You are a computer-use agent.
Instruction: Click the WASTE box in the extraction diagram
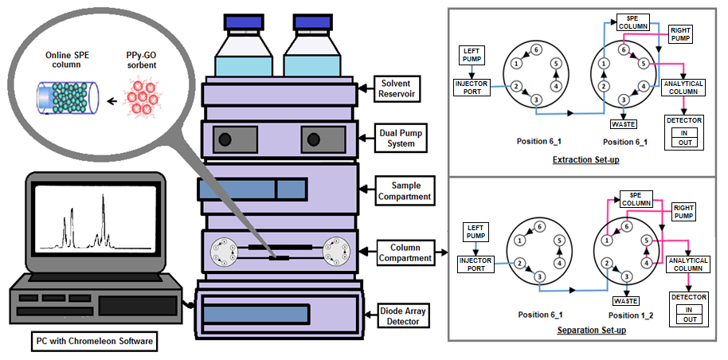[624, 124]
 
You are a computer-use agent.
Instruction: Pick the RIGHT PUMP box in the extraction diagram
[679, 34]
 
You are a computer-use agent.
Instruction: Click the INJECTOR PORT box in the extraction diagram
[472, 86]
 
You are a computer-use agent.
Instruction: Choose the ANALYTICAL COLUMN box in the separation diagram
[687, 265]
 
